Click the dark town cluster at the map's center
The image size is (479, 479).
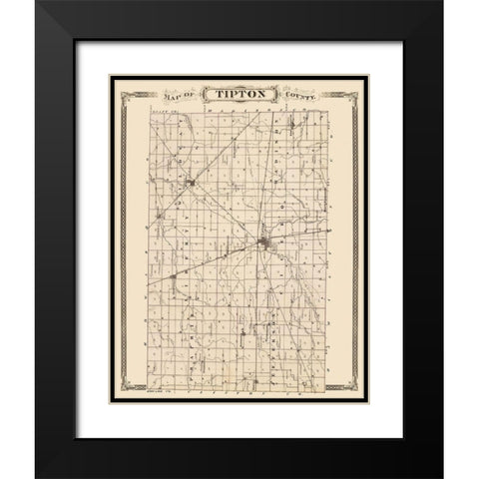(x=263, y=242)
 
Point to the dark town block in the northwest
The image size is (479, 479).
(x=189, y=182)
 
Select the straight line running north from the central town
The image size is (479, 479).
(x=263, y=180)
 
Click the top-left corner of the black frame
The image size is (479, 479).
(x=38, y=4)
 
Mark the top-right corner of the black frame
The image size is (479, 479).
(x=440, y=4)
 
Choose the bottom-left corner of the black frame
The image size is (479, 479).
(x=38, y=474)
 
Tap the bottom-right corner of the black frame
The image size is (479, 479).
(x=440, y=474)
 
